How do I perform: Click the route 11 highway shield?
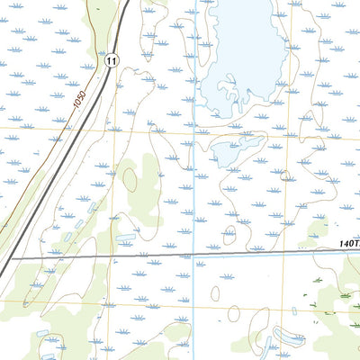click(110, 59)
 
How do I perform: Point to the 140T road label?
click(349, 243)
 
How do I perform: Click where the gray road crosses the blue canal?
click(194, 255)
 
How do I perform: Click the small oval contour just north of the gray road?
click(229, 237)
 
